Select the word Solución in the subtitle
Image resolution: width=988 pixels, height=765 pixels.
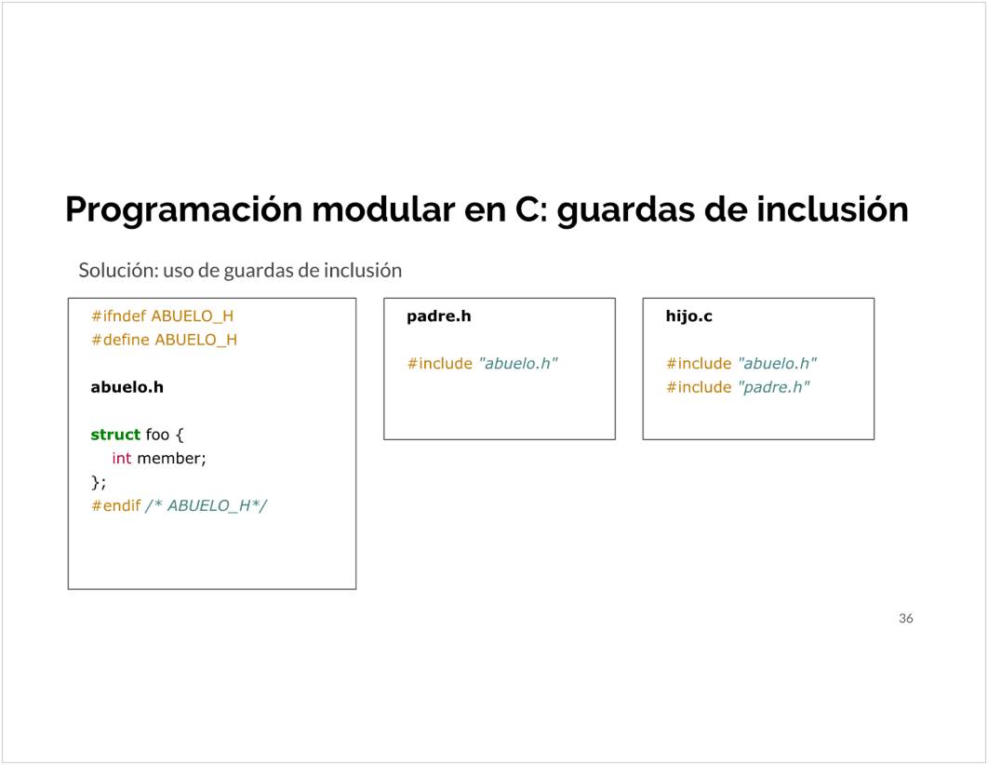[118, 270]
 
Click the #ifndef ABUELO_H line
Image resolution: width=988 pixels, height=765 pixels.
[163, 315]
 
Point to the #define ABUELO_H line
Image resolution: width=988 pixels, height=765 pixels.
[165, 340]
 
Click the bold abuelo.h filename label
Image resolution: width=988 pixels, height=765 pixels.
[127, 387]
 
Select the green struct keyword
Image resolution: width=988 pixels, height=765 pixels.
[115, 435]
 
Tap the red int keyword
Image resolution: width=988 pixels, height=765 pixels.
[122, 458]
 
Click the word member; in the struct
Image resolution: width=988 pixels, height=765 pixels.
[172, 458]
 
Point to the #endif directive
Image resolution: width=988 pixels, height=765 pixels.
[116, 505]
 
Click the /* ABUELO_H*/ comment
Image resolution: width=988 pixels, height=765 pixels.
[207, 505]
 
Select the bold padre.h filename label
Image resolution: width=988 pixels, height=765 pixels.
[439, 315]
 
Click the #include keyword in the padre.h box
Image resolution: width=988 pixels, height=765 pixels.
[440, 364]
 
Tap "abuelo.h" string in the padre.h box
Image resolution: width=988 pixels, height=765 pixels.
[518, 364]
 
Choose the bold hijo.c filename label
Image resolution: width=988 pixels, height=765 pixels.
[689, 316]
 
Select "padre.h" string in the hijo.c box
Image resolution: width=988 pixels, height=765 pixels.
[774, 387]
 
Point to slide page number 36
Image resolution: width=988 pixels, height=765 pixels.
[906, 618]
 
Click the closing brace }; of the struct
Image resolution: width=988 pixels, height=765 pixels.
[99, 482]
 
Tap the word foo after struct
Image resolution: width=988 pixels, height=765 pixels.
[157, 435]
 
